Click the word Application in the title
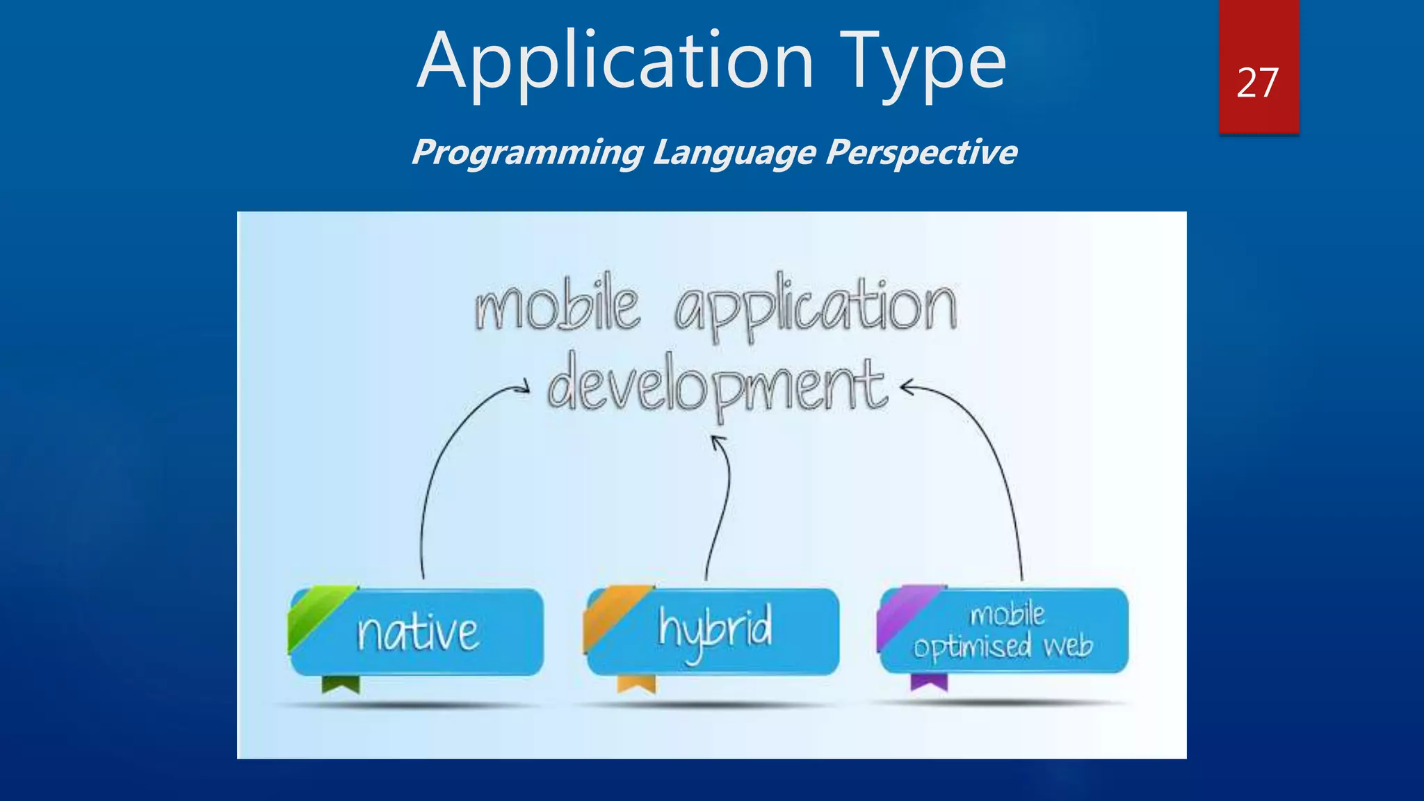615,63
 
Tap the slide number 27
1257,83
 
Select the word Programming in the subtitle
527,152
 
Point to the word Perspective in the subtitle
921,152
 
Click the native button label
418,632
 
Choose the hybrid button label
715,630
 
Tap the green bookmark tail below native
341,684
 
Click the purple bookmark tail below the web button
929,682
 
